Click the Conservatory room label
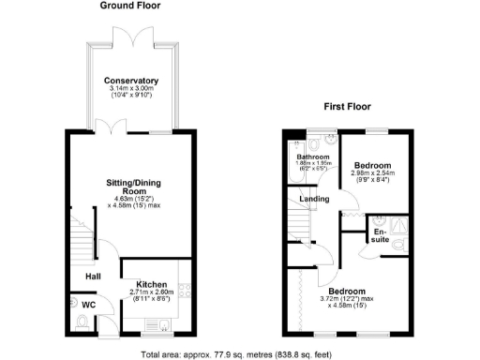pyautogui.click(x=131, y=81)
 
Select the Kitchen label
pyautogui.click(x=152, y=284)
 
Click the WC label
pyautogui.click(x=86, y=304)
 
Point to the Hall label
pyautogui.click(x=94, y=276)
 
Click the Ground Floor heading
pyautogui.click(x=130, y=6)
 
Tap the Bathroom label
pyautogui.click(x=311, y=157)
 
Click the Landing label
pyautogui.click(x=312, y=199)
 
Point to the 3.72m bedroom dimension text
pyautogui.click(x=361, y=300)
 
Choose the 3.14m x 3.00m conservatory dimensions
pyautogui.click(x=131, y=91)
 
